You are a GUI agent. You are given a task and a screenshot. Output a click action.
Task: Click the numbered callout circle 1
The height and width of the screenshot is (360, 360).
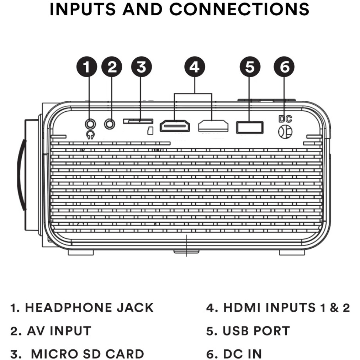[87, 67]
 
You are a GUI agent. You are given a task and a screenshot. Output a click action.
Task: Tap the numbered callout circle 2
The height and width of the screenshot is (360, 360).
[112, 67]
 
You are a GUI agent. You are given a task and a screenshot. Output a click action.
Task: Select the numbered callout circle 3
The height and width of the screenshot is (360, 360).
[141, 67]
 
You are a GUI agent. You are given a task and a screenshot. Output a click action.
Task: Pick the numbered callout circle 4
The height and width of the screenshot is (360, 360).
[195, 67]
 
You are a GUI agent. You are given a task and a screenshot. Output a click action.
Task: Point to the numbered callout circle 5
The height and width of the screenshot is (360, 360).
[250, 67]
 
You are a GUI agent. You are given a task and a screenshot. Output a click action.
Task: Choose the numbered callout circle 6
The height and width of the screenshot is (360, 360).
[284, 67]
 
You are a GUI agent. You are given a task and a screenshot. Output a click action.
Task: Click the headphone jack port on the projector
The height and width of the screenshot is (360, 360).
[90, 123]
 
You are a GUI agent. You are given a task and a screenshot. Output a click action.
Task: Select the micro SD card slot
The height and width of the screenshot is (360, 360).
[138, 121]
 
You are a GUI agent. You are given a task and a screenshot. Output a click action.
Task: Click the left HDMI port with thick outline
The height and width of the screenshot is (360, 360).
[175, 126]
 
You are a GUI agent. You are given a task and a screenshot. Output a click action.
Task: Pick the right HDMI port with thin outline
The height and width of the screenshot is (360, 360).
[213, 126]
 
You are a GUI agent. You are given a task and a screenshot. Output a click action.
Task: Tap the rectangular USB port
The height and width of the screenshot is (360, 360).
[250, 127]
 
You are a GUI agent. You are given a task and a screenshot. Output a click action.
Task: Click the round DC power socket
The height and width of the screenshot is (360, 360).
[285, 131]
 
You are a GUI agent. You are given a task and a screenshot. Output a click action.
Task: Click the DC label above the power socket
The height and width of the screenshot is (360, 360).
[285, 119]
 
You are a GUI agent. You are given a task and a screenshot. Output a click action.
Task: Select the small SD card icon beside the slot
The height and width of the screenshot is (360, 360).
[150, 131]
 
